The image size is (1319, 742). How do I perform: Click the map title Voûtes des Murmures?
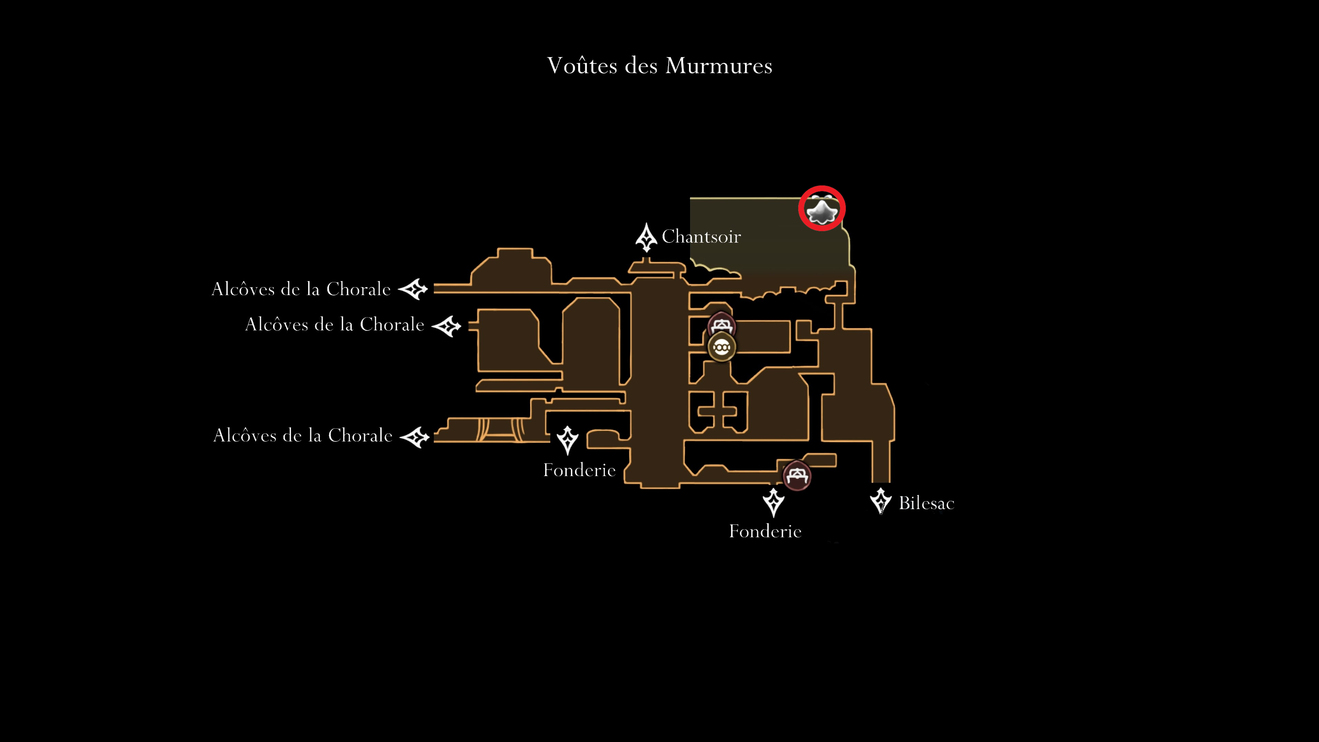tap(659, 66)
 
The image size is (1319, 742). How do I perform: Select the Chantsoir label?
tap(701, 237)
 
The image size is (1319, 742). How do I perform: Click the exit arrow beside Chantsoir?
tap(646, 237)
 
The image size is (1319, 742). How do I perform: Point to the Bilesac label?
tap(926, 503)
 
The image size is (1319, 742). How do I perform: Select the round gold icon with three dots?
tap(721, 348)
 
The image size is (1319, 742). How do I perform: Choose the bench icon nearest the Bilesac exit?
tap(797, 476)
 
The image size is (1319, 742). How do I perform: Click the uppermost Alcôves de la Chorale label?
tap(301, 289)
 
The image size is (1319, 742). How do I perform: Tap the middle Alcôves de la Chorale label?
tap(335, 324)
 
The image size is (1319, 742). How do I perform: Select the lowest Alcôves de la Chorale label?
tap(303, 435)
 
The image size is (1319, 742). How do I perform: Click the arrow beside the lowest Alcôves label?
tap(414, 437)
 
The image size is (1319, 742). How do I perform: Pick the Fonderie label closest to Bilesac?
tap(765, 531)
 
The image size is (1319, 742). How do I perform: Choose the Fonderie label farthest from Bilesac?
tap(579, 470)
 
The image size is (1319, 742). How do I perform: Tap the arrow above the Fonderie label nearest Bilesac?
tap(773, 502)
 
